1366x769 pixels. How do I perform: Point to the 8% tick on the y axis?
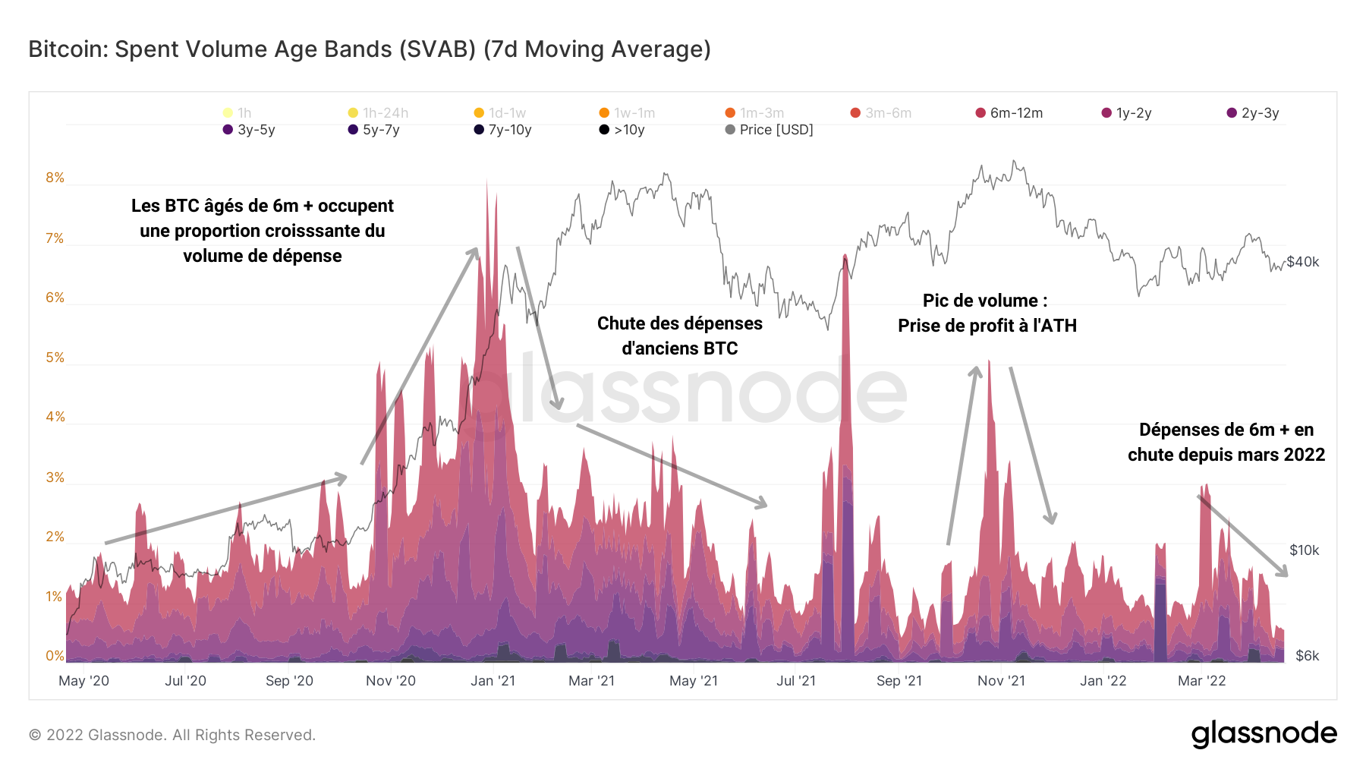click(x=55, y=178)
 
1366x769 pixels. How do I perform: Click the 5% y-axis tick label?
click(x=55, y=358)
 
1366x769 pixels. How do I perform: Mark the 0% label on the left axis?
click(x=55, y=656)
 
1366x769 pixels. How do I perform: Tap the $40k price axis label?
click(x=1303, y=262)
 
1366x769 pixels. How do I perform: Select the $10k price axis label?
click(x=1304, y=550)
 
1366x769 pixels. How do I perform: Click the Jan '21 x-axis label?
click(x=493, y=681)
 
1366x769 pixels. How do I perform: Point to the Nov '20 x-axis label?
click(x=391, y=681)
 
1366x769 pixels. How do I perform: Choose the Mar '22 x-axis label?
click(x=1201, y=681)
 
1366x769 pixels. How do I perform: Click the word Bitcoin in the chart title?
click(x=68, y=49)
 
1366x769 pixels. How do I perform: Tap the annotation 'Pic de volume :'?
click(x=985, y=301)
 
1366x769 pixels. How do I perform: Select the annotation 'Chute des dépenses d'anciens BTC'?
click(x=680, y=336)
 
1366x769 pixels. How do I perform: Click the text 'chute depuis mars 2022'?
click(x=1226, y=455)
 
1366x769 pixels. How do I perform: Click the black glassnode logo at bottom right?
click(x=1264, y=734)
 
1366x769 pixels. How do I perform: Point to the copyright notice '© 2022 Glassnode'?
click(x=172, y=735)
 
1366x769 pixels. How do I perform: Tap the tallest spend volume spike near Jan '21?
click(x=486, y=190)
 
